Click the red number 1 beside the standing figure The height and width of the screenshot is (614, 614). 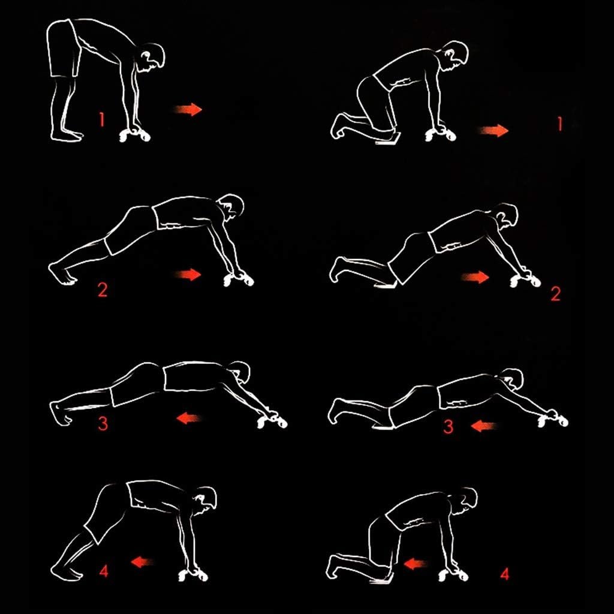click(x=102, y=119)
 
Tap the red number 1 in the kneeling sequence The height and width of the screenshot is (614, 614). click(x=560, y=124)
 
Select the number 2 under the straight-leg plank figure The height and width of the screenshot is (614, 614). click(x=103, y=290)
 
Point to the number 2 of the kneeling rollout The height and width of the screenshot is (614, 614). click(x=556, y=294)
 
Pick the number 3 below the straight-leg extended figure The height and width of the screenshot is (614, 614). click(x=103, y=424)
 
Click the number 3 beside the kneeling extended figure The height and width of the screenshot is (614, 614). click(x=449, y=426)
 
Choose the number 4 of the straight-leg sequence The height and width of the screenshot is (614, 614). click(x=104, y=571)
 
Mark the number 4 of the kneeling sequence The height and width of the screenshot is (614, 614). click(x=505, y=574)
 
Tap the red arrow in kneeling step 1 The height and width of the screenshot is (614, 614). click(x=494, y=130)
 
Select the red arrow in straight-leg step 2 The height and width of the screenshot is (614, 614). click(x=188, y=275)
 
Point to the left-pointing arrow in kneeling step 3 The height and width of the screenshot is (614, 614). click(x=484, y=426)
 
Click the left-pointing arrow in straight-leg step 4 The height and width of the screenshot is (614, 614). click(x=142, y=562)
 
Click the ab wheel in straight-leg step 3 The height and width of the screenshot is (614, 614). click(x=273, y=422)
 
